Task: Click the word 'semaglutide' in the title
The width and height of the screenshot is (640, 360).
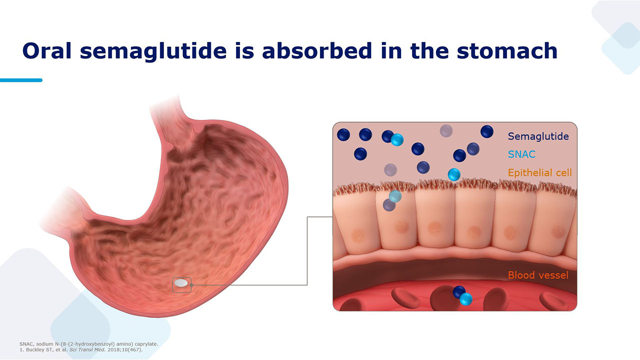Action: click(x=153, y=51)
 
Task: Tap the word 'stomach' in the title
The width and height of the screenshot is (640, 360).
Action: click(x=507, y=51)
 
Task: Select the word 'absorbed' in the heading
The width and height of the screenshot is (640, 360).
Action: click(x=317, y=50)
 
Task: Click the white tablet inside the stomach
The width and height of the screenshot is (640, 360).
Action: click(x=181, y=283)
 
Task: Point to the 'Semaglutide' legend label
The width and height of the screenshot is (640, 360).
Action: click(x=538, y=136)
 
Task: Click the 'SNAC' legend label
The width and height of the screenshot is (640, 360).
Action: click(x=521, y=154)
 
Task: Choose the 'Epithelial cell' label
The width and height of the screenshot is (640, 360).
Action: click(x=539, y=172)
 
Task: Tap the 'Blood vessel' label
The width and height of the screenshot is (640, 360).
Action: click(x=538, y=275)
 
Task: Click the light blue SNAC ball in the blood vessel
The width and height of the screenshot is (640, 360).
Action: click(x=465, y=299)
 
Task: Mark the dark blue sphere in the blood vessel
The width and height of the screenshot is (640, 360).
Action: click(x=459, y=291)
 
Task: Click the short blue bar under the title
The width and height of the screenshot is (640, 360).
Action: click(x=21, y=80)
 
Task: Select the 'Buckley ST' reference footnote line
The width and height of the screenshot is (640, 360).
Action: click(x=81, y=349)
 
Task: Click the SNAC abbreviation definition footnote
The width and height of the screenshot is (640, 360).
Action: click(x=88, y=344)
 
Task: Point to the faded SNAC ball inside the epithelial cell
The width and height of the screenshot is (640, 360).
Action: click(x=395, y=195)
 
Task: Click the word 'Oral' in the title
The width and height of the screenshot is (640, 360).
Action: click(x=47, y=51)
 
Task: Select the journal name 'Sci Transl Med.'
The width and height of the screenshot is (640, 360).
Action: click(x=87, y=349)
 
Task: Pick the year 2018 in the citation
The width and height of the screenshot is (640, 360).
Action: click(x=113, y=349)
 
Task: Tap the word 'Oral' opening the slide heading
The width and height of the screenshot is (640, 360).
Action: click(x=47, y=51)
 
